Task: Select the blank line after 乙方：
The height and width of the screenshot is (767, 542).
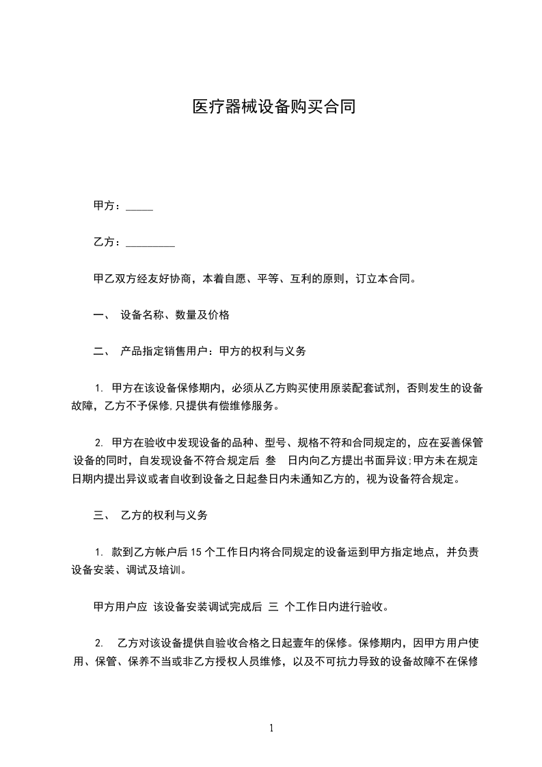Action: click(x=151, y=243)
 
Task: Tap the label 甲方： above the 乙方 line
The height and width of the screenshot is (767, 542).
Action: click(x=108, y=206)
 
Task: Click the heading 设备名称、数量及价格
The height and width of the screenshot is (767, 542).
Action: click(x=175, y=315)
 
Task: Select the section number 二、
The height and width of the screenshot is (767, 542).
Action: click(x=102, y=351)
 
